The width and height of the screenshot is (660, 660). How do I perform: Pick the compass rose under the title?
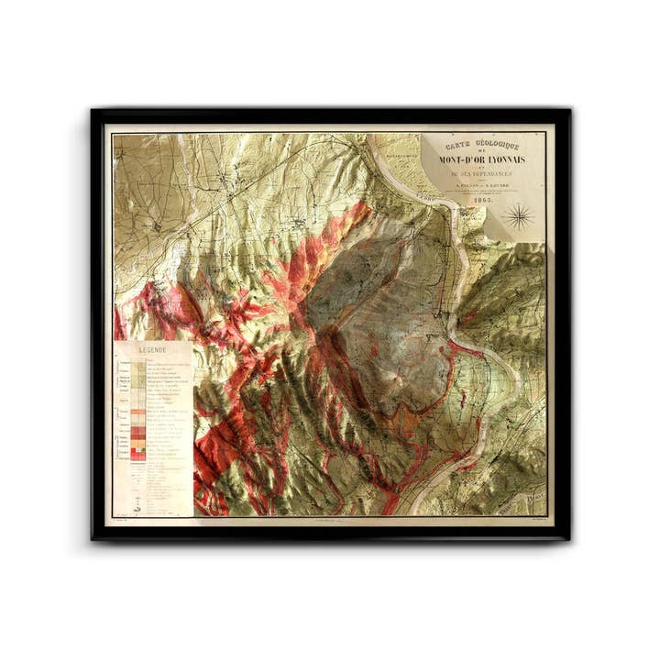click(521, 217)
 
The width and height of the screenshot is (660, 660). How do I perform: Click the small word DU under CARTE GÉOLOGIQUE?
click(482, 151)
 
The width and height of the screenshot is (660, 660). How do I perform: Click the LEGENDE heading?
click(152, 350)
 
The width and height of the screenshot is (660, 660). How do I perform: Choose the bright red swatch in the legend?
click(137, 431)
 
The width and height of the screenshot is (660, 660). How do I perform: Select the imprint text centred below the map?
click(330, 521)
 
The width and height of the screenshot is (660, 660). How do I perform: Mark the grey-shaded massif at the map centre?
click(385, 302)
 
